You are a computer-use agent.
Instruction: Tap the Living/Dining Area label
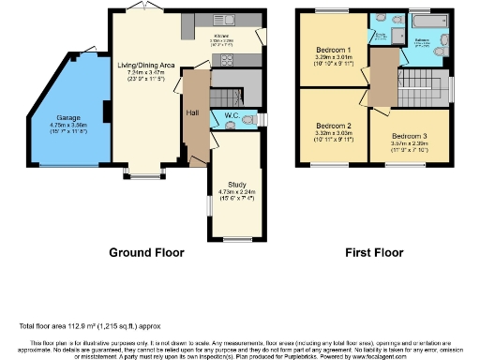[145, 66]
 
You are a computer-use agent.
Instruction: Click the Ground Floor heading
[147, 252]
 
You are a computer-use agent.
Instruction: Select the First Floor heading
[373, 252]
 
